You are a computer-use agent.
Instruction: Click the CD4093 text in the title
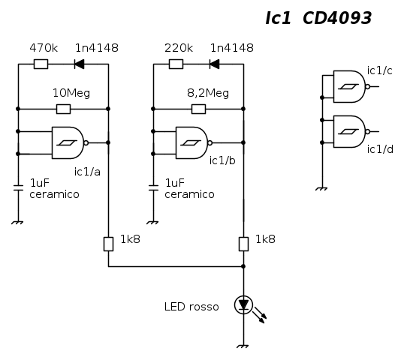coord(337,18)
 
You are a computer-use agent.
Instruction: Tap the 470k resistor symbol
coord(41,64)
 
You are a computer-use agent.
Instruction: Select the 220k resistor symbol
coord(176,64)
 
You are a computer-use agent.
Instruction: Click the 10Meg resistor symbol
coord(63,109)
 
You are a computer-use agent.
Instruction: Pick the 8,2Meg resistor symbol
coord(199,109)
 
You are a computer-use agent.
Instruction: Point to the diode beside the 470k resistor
coord(79,64)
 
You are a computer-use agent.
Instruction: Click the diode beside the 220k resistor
coord(214,64)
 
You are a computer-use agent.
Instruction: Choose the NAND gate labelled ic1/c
coord(351,86)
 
